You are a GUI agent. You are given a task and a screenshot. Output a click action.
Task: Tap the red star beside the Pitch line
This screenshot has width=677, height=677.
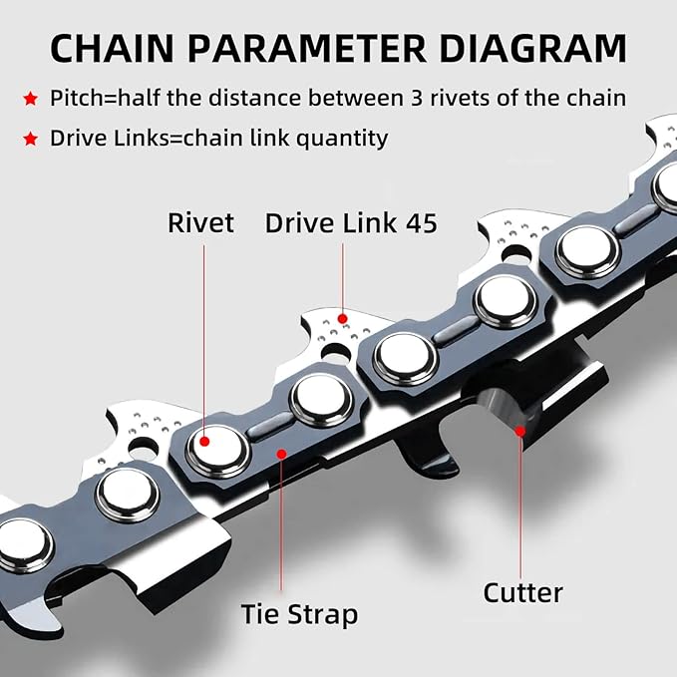coord(32,99)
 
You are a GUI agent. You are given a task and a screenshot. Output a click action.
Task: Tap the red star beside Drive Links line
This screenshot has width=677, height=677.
coord(32,139)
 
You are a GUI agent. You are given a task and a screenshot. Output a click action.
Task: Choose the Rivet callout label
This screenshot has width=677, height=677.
coord(201,222)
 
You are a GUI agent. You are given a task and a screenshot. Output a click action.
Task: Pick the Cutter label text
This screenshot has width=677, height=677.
coord(522,592)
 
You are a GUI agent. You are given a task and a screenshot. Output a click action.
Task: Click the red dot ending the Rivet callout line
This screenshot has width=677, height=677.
coord(204,440)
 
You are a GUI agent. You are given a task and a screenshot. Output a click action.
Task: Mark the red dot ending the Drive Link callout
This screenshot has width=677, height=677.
coord(343,319)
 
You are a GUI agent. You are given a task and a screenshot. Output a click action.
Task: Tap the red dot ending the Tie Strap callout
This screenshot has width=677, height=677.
coord(282,455)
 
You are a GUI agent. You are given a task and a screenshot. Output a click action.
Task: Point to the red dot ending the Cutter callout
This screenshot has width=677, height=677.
coord(519,430)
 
